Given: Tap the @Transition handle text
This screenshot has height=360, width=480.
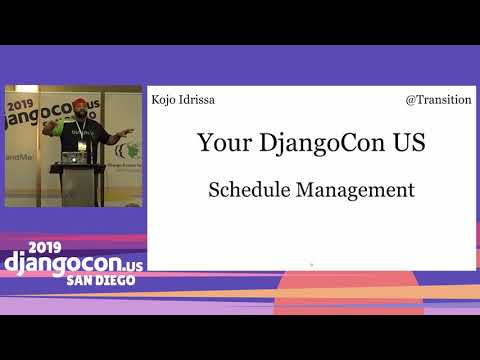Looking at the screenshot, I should [438, 100].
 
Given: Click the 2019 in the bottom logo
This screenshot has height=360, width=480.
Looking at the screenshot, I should [45, 246].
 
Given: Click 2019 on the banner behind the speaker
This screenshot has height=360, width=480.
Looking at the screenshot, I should [21, 103].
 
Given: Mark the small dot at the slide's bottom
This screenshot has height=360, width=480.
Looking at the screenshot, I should [311, 264].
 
